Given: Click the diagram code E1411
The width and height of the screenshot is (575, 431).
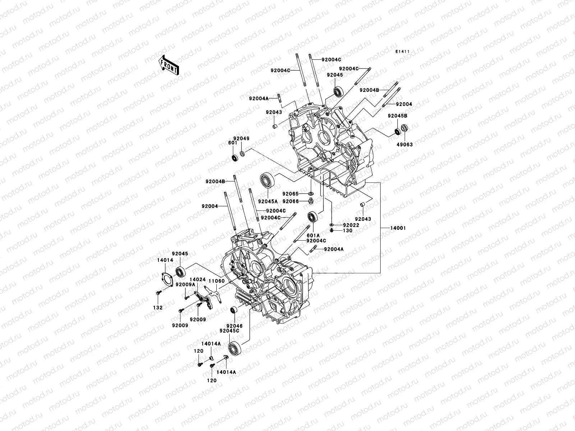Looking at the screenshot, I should coord(403,52).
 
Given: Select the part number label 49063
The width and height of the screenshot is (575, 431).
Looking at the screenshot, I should coord(405,144).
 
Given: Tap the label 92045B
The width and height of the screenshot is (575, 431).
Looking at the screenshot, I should coord(397,116).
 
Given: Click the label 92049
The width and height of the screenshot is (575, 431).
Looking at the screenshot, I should coord(241,138).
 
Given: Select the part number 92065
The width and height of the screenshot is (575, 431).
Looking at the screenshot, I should coord(290,194).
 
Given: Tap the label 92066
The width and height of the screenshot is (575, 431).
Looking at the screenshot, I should coord(290,201).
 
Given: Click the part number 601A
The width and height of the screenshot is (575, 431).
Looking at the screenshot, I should coord(313,235).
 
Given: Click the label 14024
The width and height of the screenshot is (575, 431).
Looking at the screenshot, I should coord(198,279).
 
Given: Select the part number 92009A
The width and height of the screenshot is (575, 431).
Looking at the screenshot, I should coord(185,284).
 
